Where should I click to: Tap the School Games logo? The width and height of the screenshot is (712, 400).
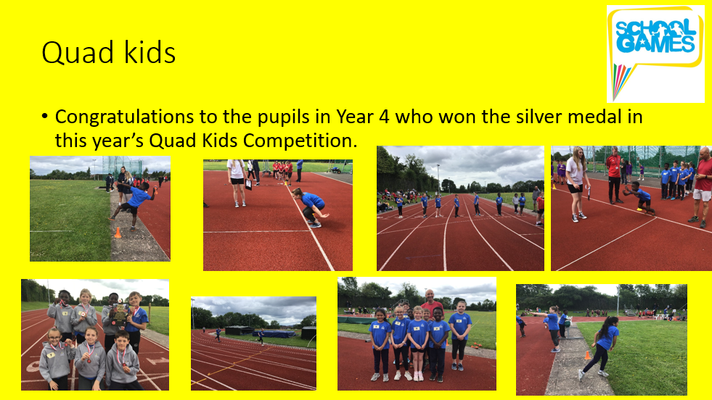tap(655, 54)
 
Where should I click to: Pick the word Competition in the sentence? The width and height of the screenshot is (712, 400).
tap(298, 141)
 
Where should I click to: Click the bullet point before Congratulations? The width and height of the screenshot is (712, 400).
tap(44, 116)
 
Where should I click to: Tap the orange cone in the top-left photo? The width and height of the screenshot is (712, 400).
tap(118, 233)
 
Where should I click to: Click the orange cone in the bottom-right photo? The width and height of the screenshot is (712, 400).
tap(588, 356)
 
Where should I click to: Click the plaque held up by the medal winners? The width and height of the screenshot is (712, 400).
tap(120, 313)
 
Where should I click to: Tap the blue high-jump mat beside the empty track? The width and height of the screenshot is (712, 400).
tap(274, 334)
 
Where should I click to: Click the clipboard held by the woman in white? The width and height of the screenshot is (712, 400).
tap(248, 183)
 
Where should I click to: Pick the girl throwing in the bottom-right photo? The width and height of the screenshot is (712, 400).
tap(599, 348)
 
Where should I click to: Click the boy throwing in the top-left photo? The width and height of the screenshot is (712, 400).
tap(134, 203)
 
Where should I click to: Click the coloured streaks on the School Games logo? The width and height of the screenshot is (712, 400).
tap(621, 80)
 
